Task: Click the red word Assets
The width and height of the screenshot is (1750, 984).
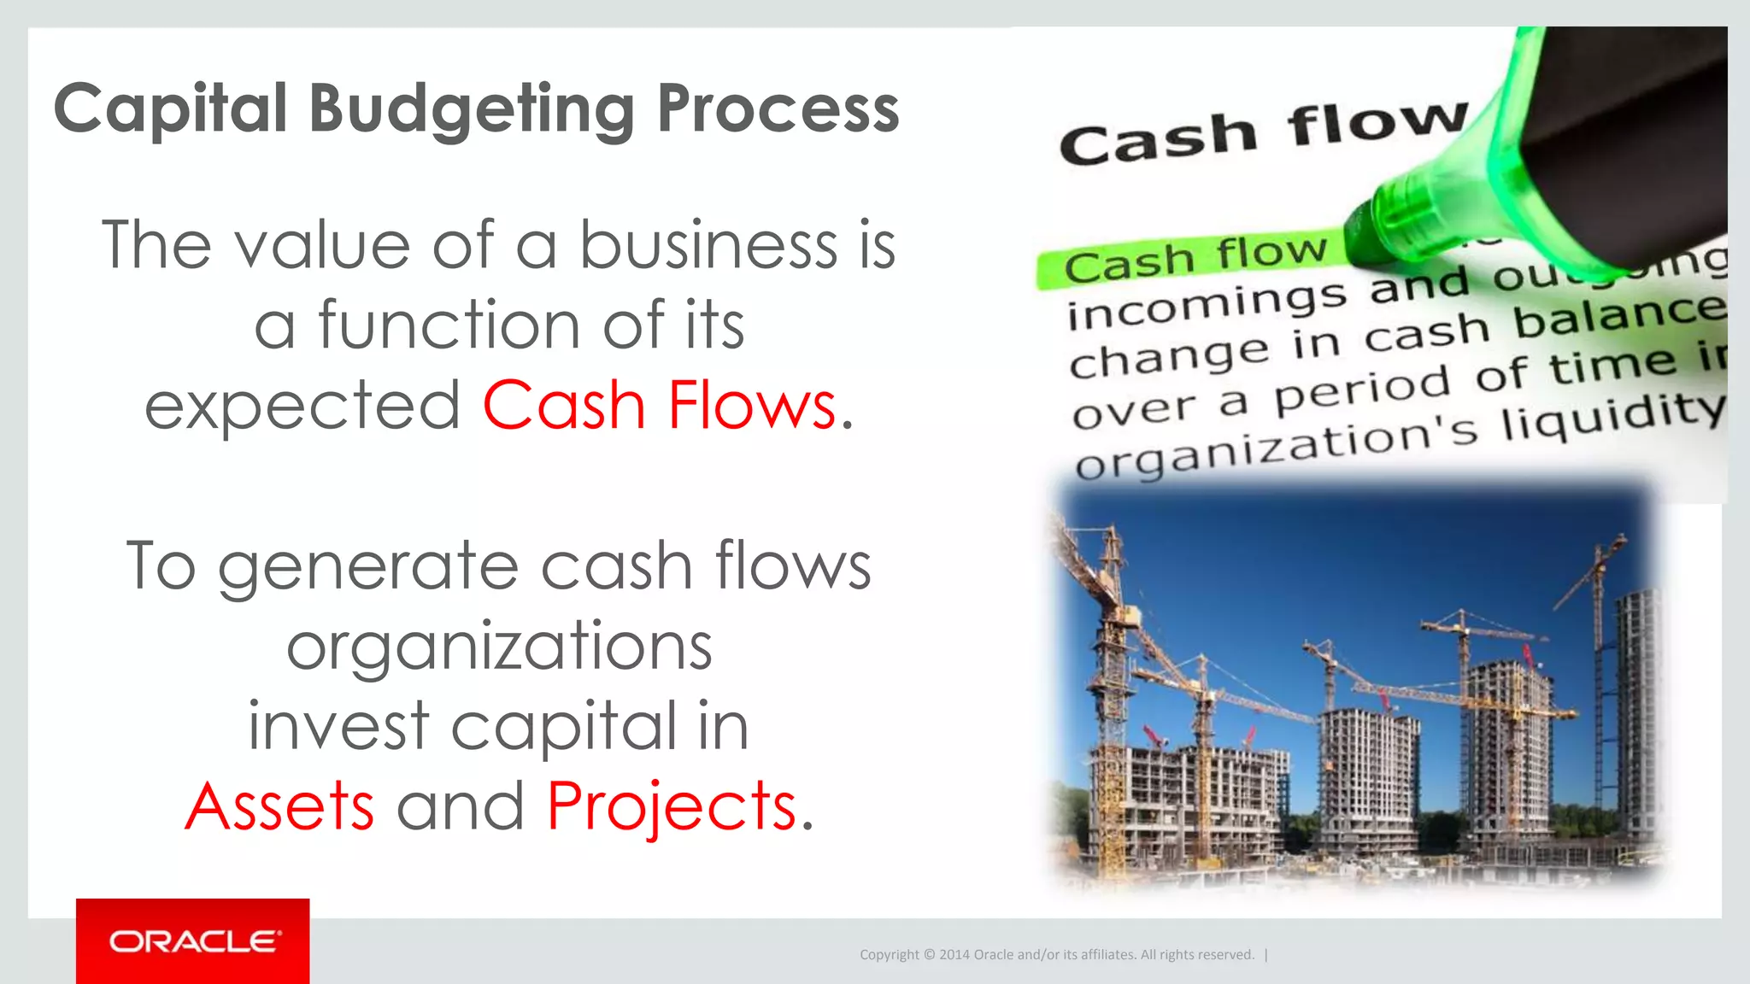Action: pos(279,806)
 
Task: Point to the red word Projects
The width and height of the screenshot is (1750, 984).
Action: pos(672,806)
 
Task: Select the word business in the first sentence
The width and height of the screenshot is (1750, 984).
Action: pos(708,245)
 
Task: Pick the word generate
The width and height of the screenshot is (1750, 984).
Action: pos(368,566)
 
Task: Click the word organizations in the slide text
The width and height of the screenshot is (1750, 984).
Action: pos(499,647)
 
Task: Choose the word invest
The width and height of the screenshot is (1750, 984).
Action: pos(338,726)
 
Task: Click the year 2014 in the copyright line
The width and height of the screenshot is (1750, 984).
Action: pos(954,955)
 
